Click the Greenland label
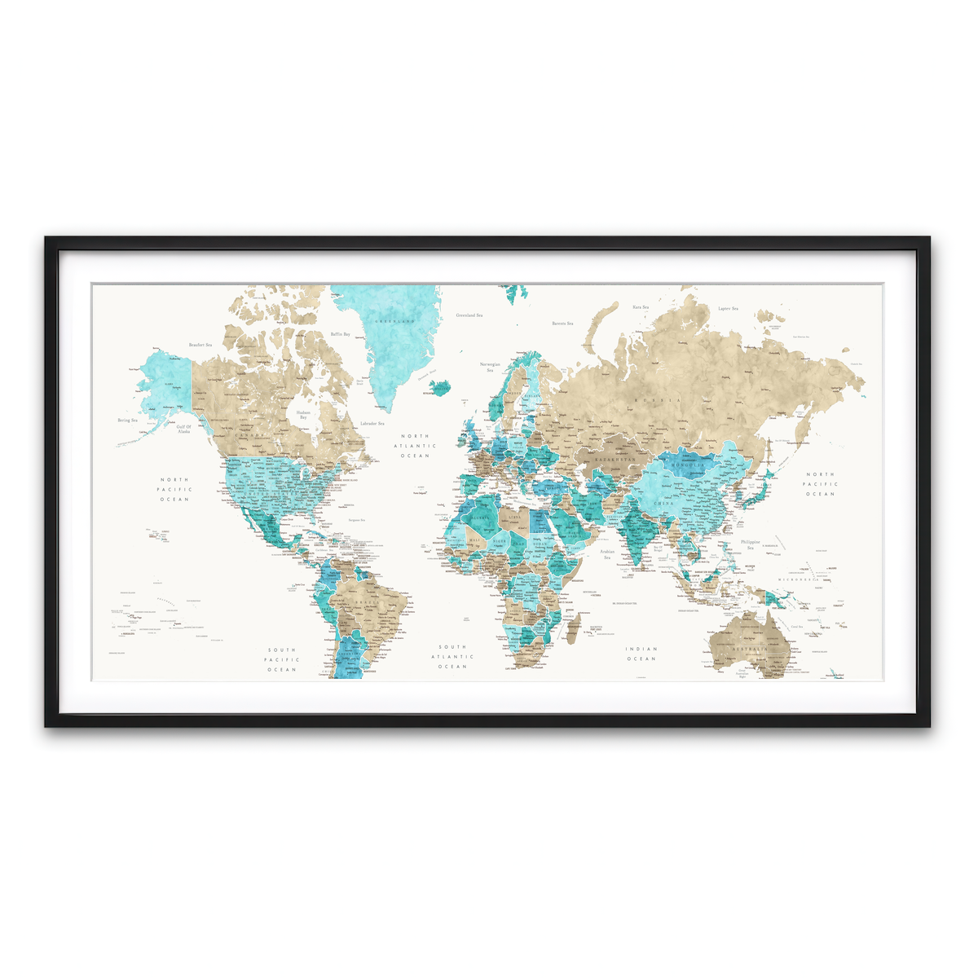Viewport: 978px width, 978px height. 394,323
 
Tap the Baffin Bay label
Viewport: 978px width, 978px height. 340,334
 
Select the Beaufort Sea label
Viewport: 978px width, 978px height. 200,346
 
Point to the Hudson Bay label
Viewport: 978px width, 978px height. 303,416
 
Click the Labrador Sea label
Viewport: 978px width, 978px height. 372,424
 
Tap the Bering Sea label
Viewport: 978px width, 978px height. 128,421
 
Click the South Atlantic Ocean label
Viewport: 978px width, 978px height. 452,656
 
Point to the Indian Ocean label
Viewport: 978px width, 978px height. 641,654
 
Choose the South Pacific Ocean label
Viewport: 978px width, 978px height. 282,659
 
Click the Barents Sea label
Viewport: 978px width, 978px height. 562,324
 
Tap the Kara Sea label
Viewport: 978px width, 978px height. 641,307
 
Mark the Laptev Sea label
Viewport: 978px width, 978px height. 727,309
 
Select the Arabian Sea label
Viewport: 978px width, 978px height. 606,554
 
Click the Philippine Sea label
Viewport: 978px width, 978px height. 750,544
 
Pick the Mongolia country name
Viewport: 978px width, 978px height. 687,465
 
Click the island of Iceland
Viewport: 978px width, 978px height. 440,385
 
